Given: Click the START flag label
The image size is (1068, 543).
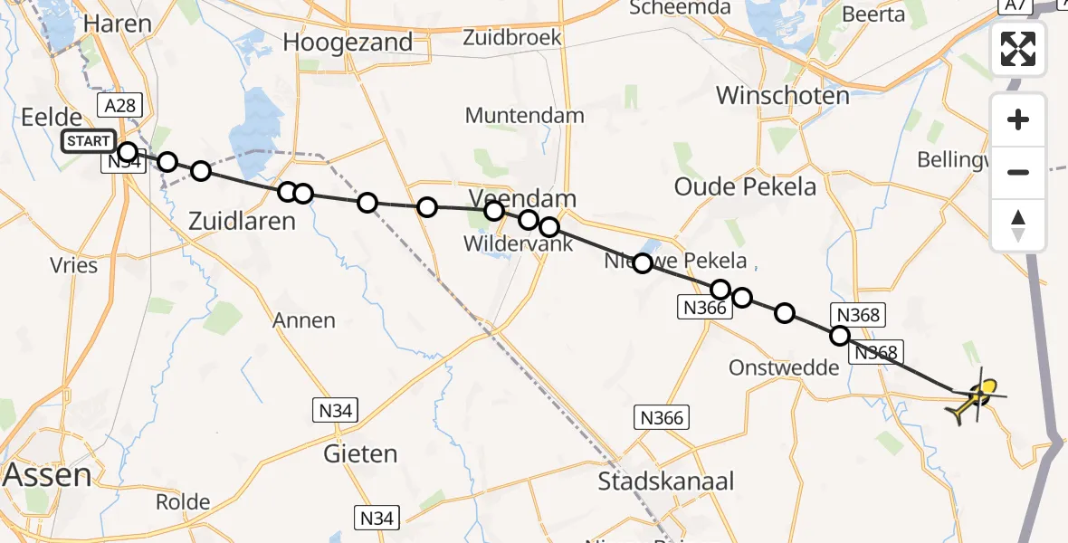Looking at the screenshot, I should pos(89,142).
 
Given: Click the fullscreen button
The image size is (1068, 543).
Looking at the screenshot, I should pos(1018,49).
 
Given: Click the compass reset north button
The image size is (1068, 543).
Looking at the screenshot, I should pos(1018,225).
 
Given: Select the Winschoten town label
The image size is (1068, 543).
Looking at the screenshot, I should pos(783,95).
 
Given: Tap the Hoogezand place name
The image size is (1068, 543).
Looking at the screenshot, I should pos(348,42).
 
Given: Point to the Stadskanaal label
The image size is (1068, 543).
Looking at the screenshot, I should pos(666,481).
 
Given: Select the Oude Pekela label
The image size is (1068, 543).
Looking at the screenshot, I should pos(746,186).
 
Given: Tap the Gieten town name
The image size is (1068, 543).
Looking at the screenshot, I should pos(361,452).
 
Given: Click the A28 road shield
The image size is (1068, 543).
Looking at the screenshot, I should pos(119,106).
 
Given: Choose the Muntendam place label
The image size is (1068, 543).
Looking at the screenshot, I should pos(525,116).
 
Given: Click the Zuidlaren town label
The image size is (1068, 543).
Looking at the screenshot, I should pos(242,220).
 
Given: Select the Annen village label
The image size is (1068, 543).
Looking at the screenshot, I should pos(304,319).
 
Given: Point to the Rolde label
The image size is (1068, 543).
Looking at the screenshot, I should pos(183,501).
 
